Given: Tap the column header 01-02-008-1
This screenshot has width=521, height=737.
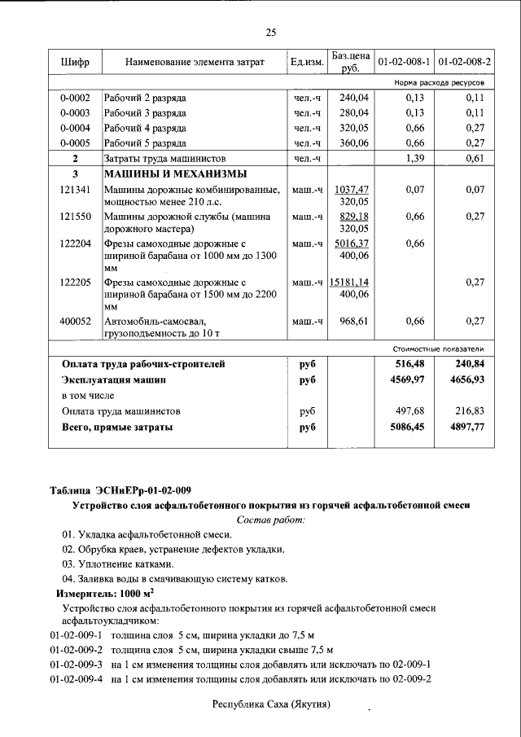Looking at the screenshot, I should [x=404, y=63].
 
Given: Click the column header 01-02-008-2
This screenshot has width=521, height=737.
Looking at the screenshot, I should [x=464, y=63].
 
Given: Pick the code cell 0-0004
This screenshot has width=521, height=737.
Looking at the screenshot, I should [x=75, y=128].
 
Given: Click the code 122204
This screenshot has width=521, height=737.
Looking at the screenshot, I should [x=75, y=243].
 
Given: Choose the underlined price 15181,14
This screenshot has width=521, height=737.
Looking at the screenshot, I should [x=349, y=281].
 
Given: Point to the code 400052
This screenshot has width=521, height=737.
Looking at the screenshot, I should [x=75, y=321].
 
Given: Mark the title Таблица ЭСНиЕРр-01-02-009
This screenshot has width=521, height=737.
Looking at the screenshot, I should [x=120, y=489].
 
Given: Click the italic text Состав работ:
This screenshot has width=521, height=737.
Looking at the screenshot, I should [x=270, y=520].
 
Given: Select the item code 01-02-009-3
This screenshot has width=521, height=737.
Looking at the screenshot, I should [x=74, y=665].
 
